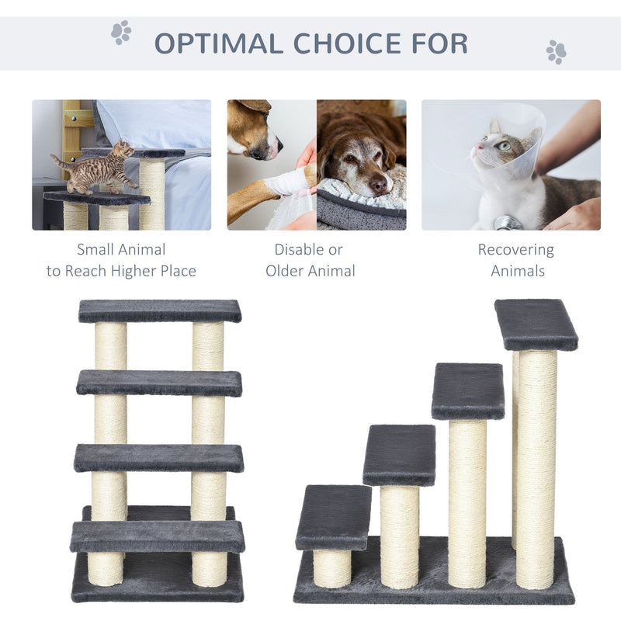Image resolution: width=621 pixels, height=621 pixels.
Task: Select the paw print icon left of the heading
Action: tap(121, 32)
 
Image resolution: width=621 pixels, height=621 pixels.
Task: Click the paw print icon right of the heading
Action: tap(556, 52)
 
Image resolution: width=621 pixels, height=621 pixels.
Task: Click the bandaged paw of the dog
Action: tap(290, 184)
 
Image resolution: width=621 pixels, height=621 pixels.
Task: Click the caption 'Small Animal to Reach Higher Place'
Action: tap(121, 260)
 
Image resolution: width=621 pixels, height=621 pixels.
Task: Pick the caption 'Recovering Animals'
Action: tap(515, 260)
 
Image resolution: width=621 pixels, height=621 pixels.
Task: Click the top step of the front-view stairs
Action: tap(160, 310)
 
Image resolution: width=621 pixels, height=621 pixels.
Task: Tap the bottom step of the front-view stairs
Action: tap(158, 536)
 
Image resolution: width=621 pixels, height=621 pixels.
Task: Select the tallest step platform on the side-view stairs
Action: tap(536, 324)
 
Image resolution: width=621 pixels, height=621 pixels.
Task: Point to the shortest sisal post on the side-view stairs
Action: tap(332, 567)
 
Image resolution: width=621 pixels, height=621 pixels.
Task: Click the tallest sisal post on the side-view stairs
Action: tap(536, 466)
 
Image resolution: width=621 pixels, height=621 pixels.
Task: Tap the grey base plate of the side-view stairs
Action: tap(435, 594)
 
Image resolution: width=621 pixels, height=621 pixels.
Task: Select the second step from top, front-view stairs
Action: tap(159, 383)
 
